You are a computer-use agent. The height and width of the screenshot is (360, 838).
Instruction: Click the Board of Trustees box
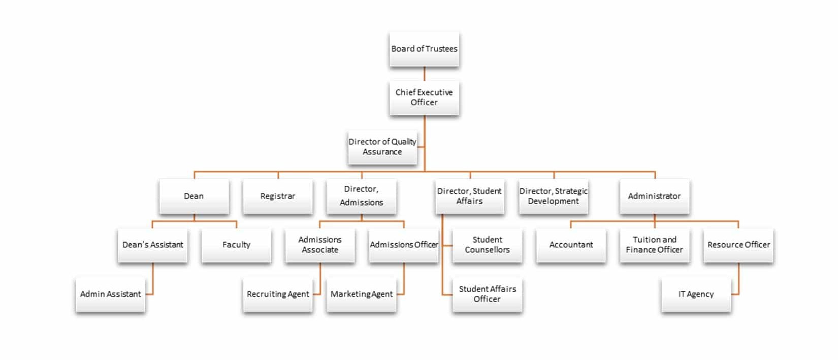coord(424,49)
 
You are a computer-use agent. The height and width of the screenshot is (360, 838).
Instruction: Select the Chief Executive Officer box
coord(424,97)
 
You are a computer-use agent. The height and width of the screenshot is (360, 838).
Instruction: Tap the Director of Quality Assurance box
coord(382,147)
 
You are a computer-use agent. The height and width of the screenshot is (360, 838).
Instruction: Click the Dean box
coord(194,197)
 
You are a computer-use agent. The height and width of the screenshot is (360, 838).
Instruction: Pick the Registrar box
coord(278,197)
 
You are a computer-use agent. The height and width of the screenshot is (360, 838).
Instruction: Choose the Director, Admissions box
coord(362,197)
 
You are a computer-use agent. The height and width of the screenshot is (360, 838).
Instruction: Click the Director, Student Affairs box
coord(469,197)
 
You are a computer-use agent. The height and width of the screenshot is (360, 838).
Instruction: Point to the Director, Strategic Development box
coord(553,197)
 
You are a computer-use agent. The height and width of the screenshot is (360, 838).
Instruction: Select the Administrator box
coord(654,197)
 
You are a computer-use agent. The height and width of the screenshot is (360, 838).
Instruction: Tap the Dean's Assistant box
coord(153,245)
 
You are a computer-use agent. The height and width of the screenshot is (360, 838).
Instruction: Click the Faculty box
coord(236,245)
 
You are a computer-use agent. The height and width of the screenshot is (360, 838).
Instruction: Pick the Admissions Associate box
coord(320,245)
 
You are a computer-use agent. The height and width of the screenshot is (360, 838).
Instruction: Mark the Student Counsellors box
coord(487,245)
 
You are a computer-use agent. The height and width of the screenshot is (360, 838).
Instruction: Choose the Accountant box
coord(571,245)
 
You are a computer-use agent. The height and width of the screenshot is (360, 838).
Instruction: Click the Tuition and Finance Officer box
coord(654,245)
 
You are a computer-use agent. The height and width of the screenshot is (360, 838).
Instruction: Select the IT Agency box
coord(696,294)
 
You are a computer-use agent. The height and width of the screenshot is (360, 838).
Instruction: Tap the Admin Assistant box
coord(110,294)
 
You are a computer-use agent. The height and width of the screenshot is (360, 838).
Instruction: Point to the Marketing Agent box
coord(362,294)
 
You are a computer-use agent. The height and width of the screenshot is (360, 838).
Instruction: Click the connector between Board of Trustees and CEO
coord(424,74)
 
